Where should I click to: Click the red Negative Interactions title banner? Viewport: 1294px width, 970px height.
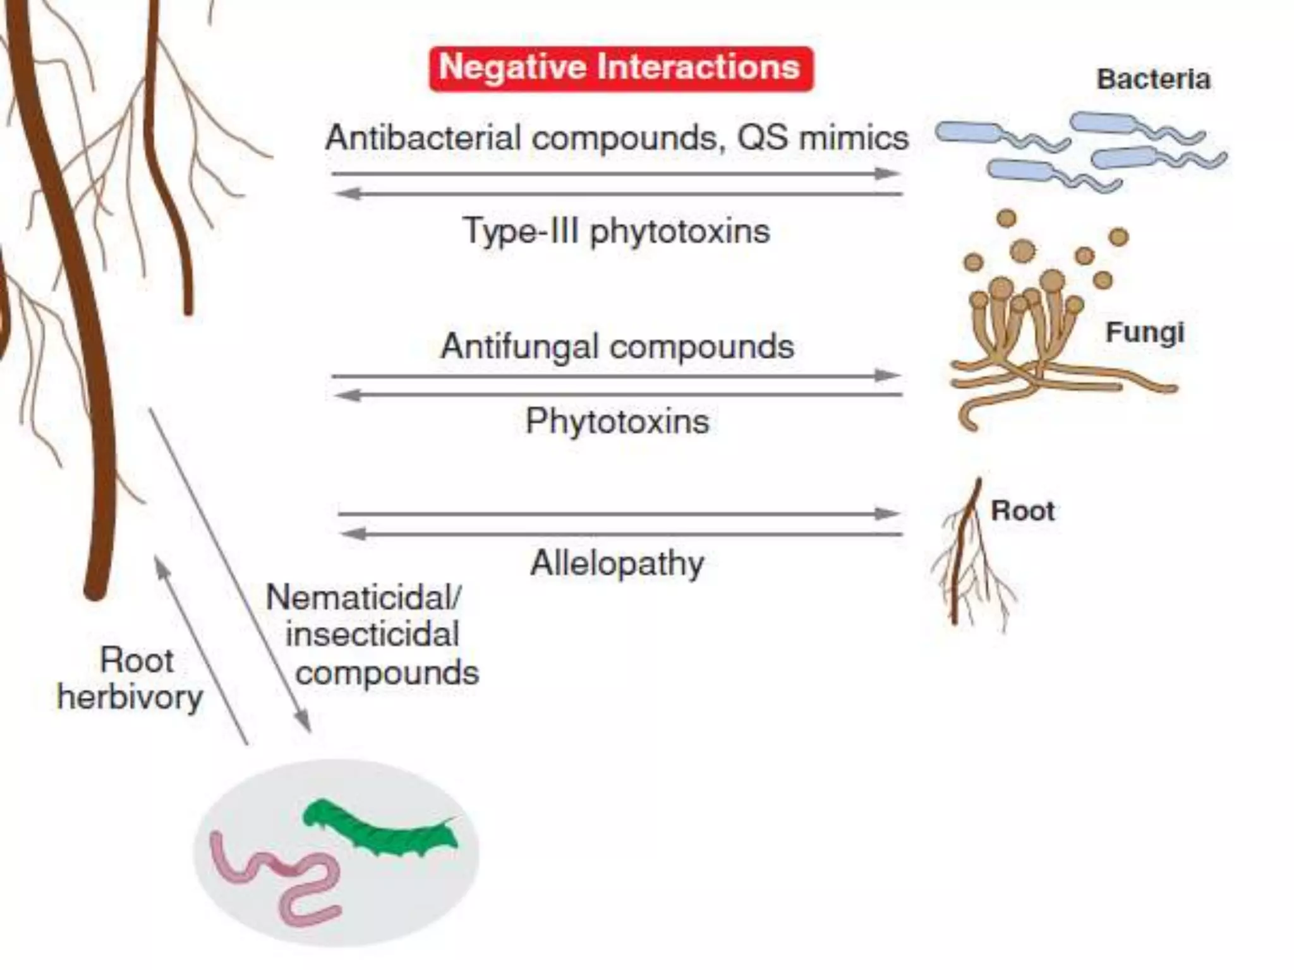pyautogui.click(x=620, y=68)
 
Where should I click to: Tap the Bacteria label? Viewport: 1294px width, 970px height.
pyautogui.click(x=1153, y=80)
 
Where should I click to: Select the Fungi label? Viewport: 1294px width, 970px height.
pyautogui.click(x=1144, y=333)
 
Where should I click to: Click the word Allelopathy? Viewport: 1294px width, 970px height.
pyautogui.click(x=617, y=563)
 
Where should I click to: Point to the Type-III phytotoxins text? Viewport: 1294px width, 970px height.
pyautogui.click(x=617, y=231)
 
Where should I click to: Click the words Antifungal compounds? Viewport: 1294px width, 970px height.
pyautogui.click(x=617, y=346)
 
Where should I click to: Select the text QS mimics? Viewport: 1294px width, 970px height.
pyautogui.click(x=823, y=138)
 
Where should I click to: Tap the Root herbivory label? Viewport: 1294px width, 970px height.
pyautogui.click(x=131, y=679)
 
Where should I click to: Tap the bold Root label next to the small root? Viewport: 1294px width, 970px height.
pyautogui.click(x=1022, y=511)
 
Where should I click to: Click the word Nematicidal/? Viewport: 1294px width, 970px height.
pyautogui.click(x=363, y=597)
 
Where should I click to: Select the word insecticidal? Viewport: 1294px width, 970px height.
pyautogui.click(x=372, y=635)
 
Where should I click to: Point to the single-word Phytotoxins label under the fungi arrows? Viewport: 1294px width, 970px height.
pyautogui.click(x=617, y=421)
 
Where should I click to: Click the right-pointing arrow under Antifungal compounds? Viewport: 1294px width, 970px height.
pyautogui.click(x=617, y=376)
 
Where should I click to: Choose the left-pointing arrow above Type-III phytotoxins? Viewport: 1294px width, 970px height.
pyautogui.click(x=617, y=194)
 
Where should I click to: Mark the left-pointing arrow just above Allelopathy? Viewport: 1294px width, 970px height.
pyautogui.click(x=619, y=534)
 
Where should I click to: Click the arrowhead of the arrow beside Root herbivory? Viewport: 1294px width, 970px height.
pyautogui.click(x=162, y=564)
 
